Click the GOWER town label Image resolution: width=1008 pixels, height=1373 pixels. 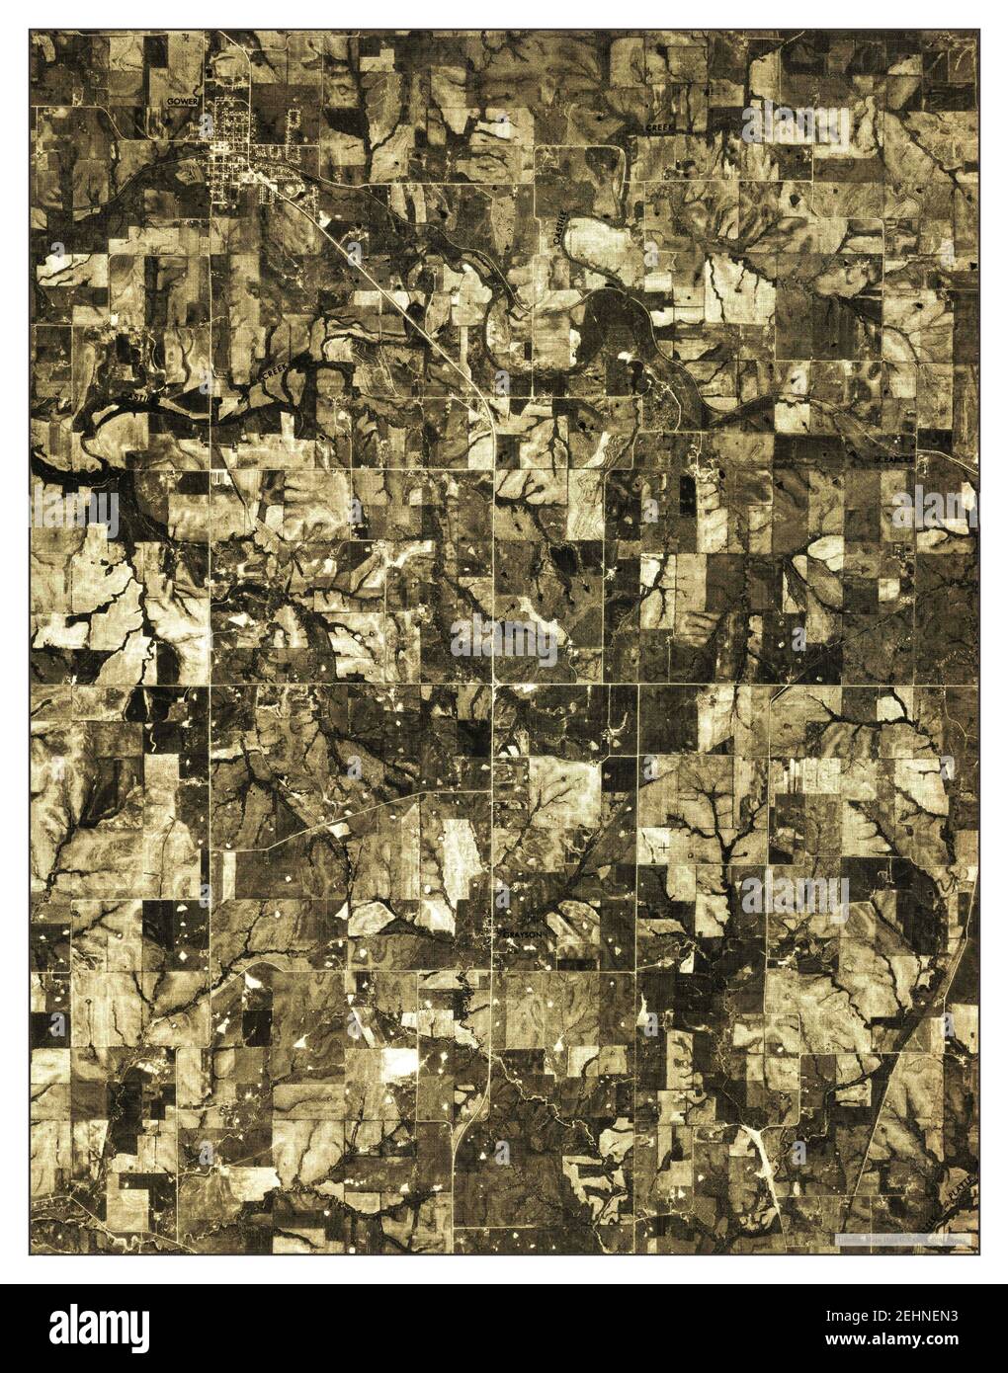coord(183,102)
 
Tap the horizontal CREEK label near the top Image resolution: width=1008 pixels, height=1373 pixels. coord(659,128)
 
